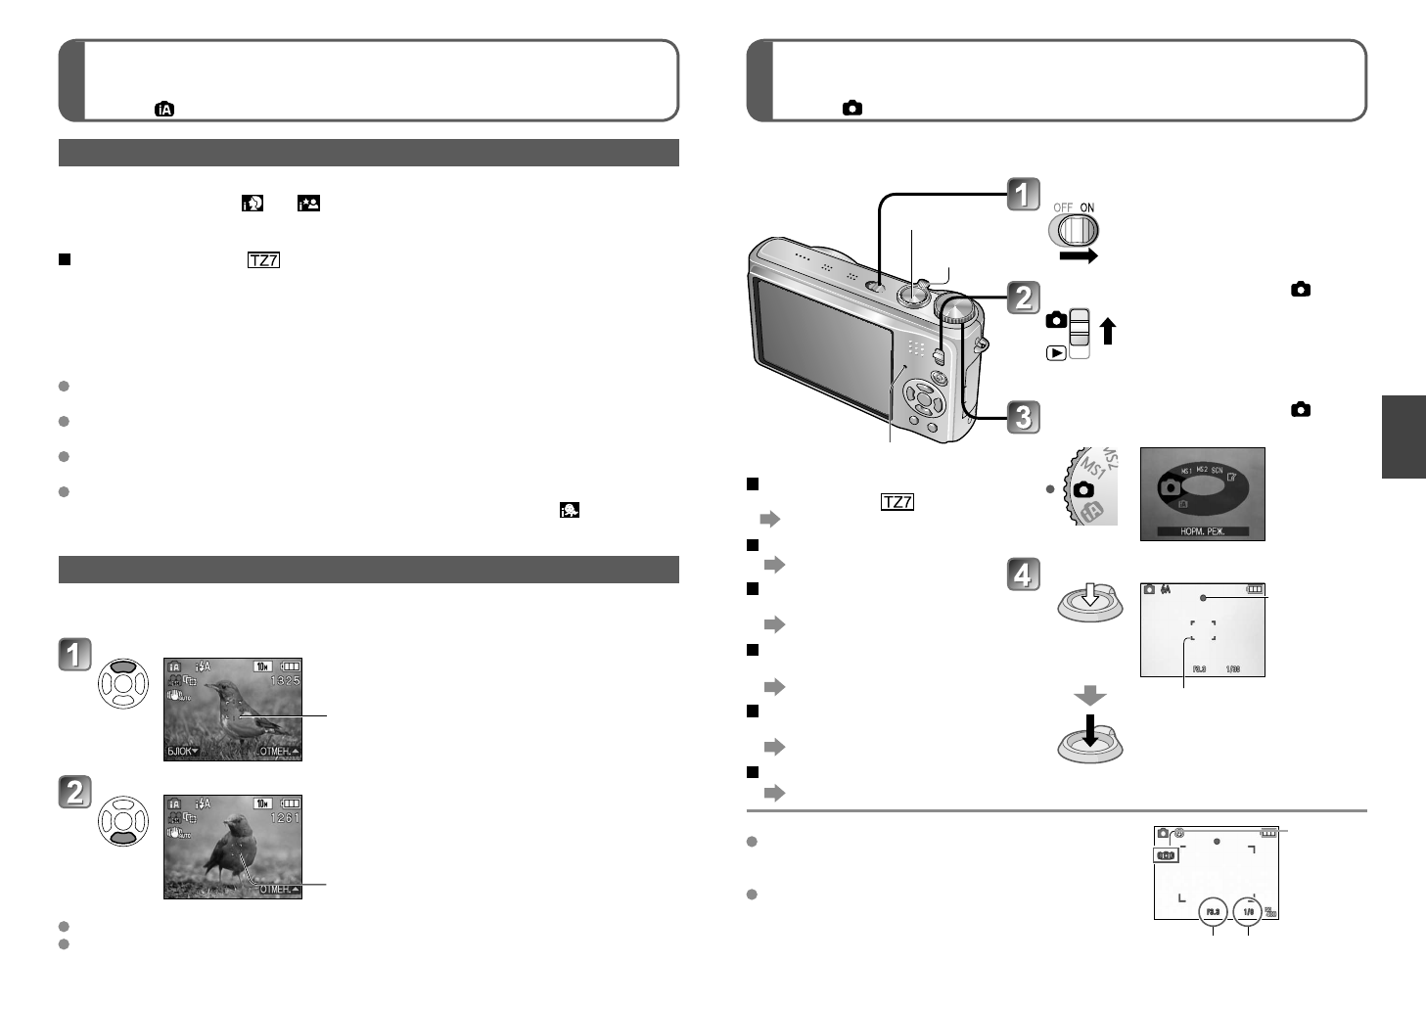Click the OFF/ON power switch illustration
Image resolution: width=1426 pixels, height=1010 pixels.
1074,231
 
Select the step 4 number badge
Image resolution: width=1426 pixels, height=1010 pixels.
1023,574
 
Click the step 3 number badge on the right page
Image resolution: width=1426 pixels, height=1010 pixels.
1023,417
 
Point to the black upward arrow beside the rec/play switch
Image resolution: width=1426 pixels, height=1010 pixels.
1107,331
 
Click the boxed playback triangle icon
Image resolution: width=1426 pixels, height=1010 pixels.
1055,353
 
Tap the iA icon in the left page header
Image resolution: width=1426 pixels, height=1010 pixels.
164,110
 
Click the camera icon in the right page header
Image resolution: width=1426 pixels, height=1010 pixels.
852,109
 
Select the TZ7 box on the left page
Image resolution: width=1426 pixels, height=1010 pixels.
263,260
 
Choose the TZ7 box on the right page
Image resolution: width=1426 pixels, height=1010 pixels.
897,502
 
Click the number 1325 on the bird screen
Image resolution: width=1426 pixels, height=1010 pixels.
285,680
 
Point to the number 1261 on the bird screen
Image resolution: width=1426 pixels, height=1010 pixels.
285,817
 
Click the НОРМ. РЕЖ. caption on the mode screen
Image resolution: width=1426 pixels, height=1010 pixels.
1201,531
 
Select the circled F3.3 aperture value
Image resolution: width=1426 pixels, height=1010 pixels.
1212,912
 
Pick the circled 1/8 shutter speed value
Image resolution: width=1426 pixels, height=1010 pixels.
1248,912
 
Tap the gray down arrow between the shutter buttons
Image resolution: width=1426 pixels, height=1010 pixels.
1089,696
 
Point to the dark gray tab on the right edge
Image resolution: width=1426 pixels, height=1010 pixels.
1403,436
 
